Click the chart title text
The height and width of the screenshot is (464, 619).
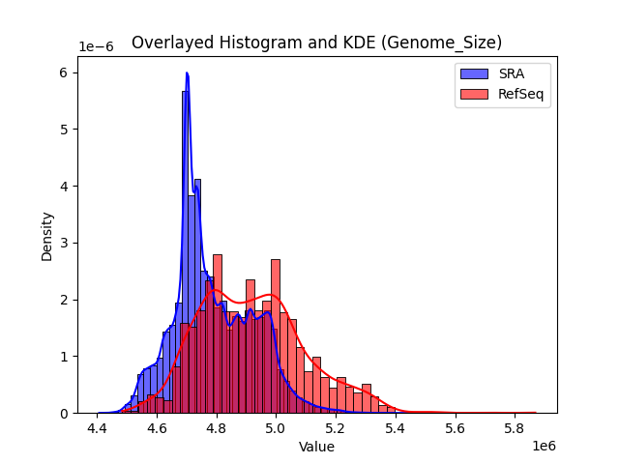pyautogui.click(x=316, y=43)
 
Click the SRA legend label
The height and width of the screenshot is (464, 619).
pyautogui.click(x=512, y=73)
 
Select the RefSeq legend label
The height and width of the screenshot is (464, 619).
pyautogui.click(x=519, y=94)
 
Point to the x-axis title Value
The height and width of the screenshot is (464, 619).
pyautogui.click(x=316, y=448)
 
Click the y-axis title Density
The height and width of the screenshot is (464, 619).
pyautogui.click(x=47, y=237)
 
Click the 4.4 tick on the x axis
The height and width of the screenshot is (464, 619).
pyautogui.click(x=97, y=427)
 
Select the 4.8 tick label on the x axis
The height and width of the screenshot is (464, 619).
pyautogui.click(x=216, y=427)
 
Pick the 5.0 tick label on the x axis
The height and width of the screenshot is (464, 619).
pyautogui.click(x=276, y=427)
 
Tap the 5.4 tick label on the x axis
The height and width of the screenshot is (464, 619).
pyautogui.click(x=395, y=427)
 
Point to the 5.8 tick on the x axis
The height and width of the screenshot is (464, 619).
pyautogui.click(x=514, y=427)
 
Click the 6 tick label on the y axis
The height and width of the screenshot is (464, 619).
pyautogui.click(x=64, y=72)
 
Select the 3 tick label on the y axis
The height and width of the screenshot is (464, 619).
pyautogui.click(x=64, y=243)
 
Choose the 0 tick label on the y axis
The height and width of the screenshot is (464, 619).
pyautogui.click(x=64, y=413)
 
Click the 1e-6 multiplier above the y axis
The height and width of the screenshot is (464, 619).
pyautogui.click(x=95, y=47)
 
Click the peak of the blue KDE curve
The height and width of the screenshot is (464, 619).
pyautogui.click(x=187, y=73)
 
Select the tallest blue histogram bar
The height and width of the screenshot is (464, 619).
pyautogui.click(x=184, y=251)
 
